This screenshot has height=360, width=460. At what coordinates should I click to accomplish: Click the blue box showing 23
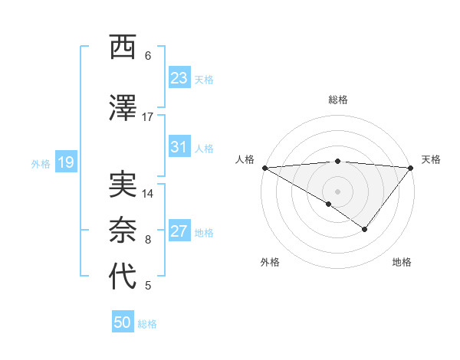coord(179,78)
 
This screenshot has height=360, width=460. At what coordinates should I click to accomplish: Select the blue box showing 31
coord(179,147)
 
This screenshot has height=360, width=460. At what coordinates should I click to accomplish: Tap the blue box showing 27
coord(179,231)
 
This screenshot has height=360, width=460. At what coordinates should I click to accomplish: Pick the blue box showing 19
coord(65,162)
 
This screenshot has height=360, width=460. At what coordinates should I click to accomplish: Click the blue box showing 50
coord(123,322)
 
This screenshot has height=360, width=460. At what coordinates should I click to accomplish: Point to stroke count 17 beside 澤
coord(148,117)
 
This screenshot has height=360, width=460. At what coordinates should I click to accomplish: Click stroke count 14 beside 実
coord(148,194)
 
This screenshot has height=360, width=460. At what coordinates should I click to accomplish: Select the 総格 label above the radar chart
coord(337,100)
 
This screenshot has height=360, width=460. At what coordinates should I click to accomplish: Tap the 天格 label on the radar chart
coord(431,159)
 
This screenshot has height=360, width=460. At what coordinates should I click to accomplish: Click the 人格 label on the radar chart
coord(244,159)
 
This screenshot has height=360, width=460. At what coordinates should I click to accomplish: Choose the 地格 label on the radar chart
coord(402,262)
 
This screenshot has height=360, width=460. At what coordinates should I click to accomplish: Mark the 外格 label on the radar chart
coord(270,262)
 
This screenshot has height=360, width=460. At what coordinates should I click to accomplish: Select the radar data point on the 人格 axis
coord(264,168)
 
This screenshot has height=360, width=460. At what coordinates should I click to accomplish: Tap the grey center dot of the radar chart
coord(337,191)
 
